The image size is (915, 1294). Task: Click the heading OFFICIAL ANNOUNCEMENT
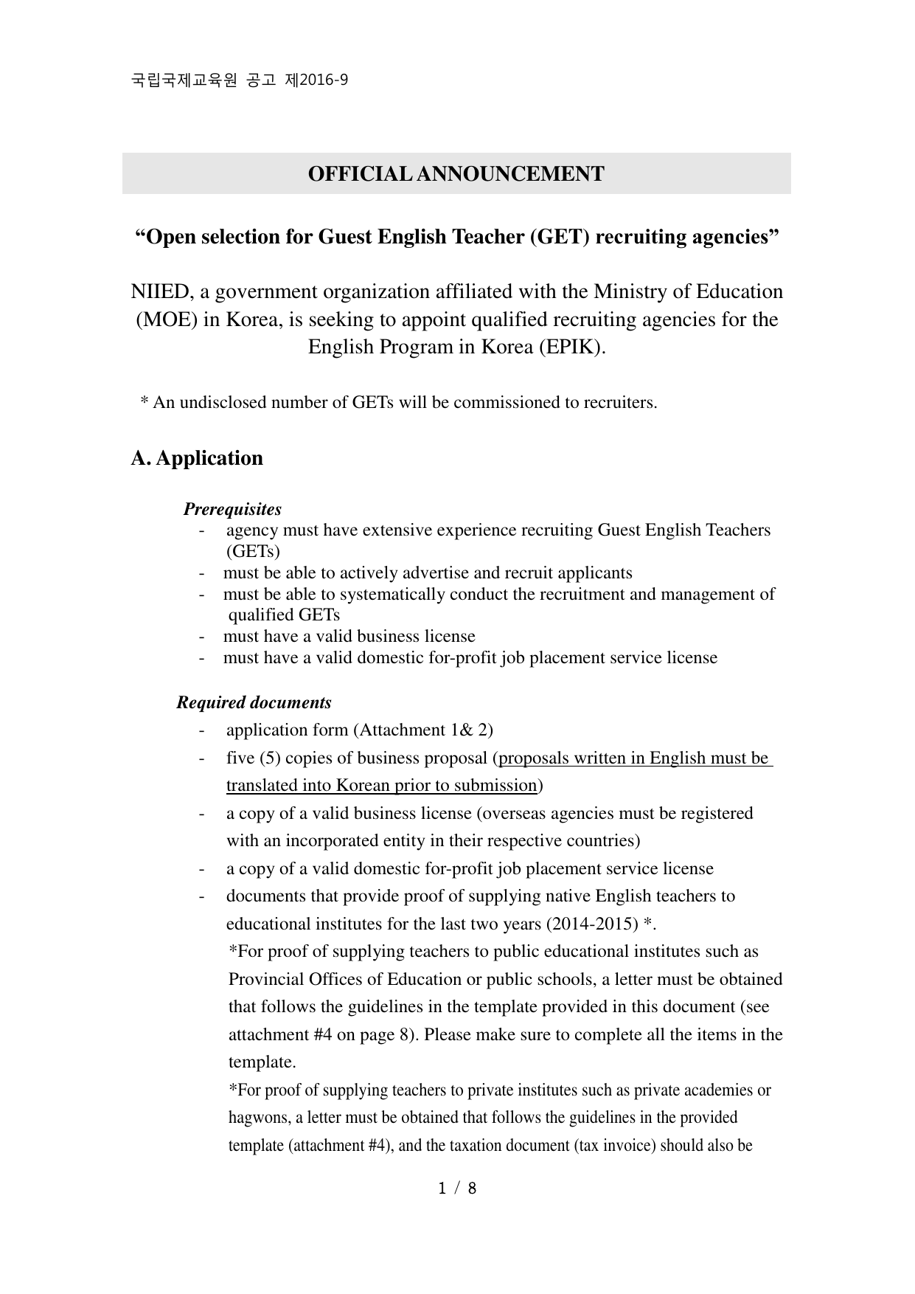pos(456,174)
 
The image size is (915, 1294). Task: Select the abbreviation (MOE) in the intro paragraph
pos(165,320)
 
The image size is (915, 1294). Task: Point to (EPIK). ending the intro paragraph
pos(571,347)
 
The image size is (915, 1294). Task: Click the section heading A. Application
pos(197,458)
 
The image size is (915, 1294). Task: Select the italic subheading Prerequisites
pos(232,509)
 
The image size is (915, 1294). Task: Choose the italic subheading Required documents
pos(254,702)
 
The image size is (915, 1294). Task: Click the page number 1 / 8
pos(457,1188)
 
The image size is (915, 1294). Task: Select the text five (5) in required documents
pos(253,758)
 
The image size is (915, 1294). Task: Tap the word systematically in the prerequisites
pos(394,595)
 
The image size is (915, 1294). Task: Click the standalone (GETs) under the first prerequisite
pos(253,552)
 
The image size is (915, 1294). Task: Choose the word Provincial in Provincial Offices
pos(268,980)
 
